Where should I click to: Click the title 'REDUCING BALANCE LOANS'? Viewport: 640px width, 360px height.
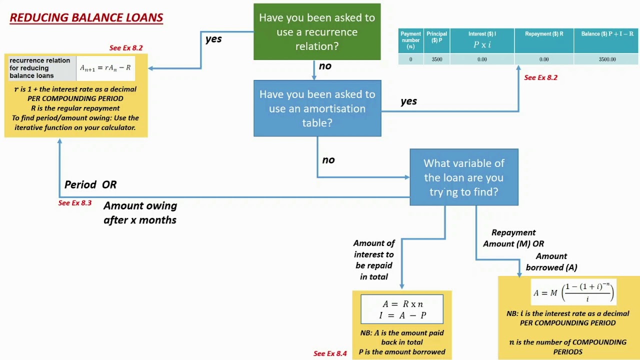86,17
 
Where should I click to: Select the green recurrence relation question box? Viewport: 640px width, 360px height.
317,32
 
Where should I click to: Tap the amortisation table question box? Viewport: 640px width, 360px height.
317,108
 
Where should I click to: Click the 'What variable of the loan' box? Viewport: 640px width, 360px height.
464,177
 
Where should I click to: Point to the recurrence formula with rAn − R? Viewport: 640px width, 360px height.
105,68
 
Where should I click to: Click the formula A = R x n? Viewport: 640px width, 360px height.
402,304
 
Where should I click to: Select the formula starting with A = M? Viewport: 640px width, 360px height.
573,292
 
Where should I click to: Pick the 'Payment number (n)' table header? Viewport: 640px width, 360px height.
410,40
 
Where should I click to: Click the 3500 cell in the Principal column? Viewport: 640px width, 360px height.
437,59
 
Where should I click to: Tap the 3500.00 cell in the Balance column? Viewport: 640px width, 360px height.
607,59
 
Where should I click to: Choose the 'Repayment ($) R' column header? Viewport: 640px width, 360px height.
544,34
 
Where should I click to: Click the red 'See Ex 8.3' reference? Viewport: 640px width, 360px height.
75,203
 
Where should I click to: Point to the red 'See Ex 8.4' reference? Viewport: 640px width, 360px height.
330,353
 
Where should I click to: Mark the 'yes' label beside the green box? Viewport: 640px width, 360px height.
213,39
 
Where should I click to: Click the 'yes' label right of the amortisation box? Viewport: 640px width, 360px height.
408,101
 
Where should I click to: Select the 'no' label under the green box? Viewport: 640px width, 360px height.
325,66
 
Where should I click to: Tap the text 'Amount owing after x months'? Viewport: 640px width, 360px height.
140,212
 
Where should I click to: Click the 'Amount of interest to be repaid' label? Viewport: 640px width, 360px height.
374,259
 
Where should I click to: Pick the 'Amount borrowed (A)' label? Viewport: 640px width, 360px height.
551,262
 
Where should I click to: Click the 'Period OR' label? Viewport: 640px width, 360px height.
90,184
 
